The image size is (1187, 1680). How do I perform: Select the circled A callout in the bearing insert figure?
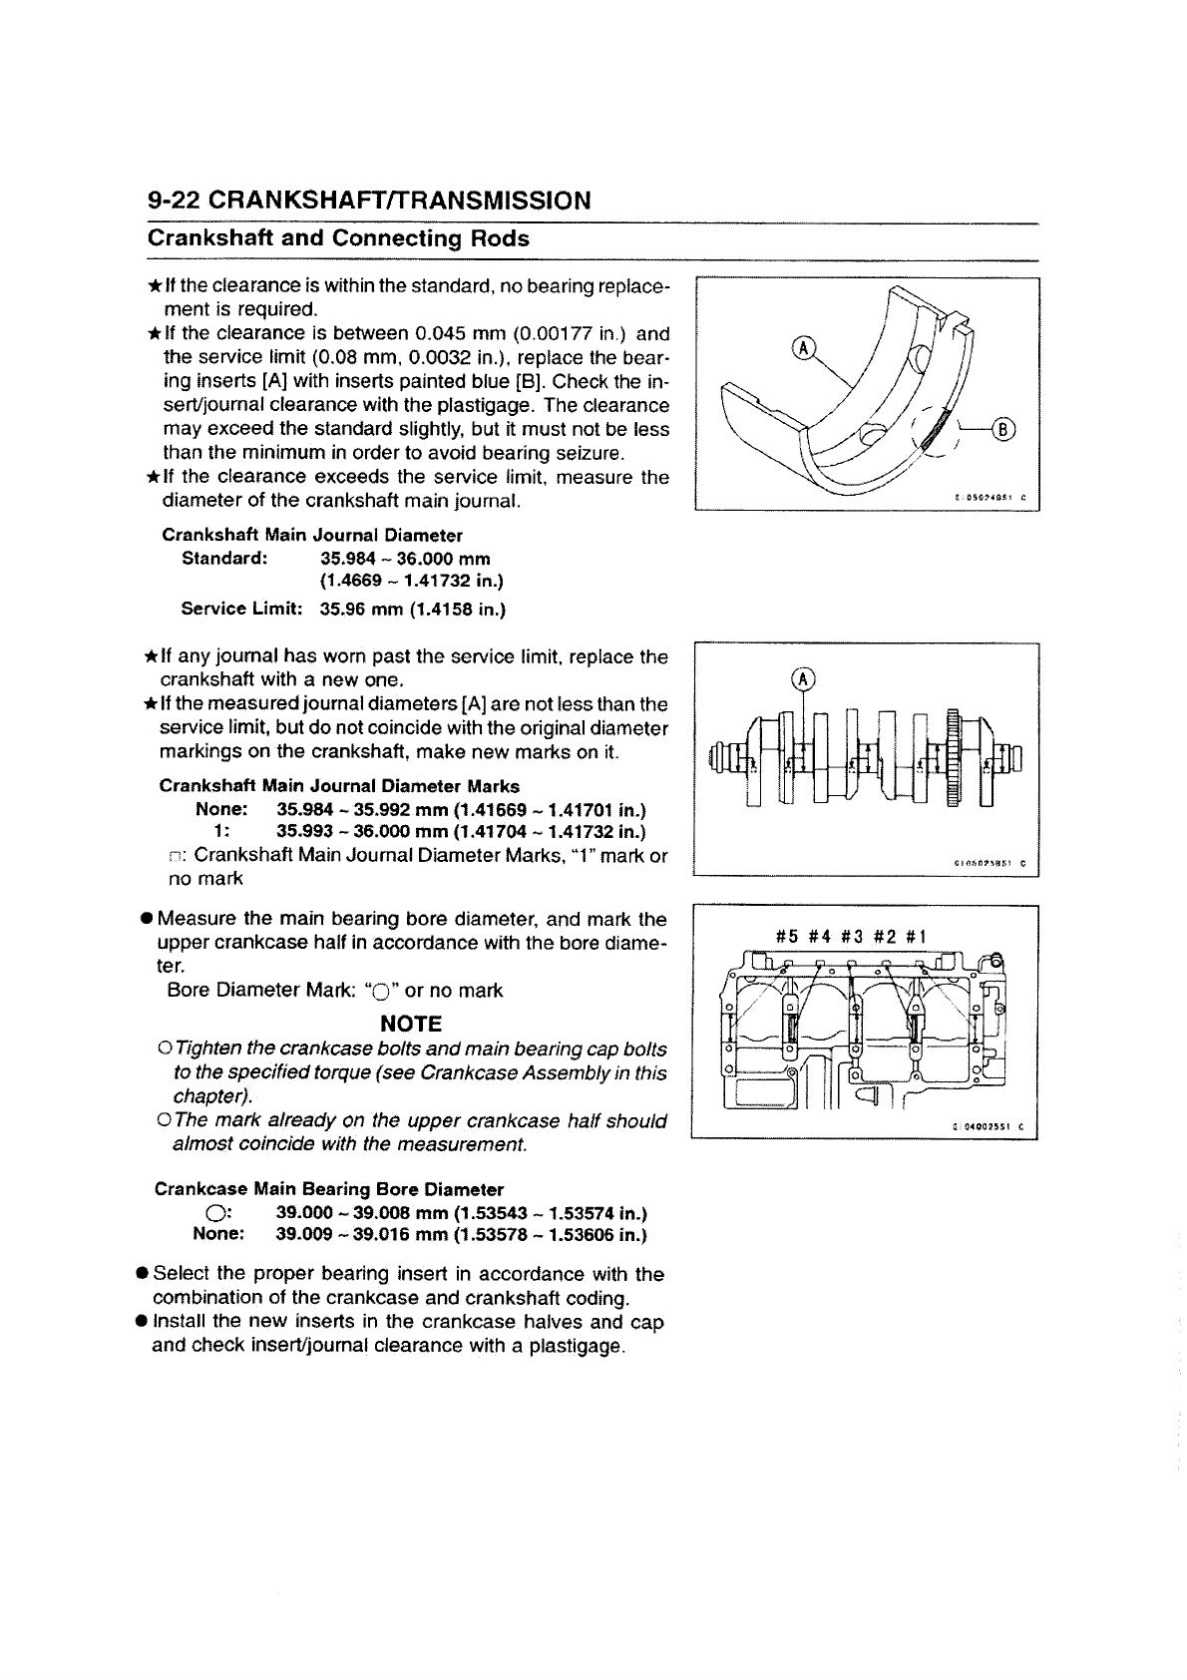point(802,346)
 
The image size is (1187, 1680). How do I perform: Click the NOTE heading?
point(411,1024)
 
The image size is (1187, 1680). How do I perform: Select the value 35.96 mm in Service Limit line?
point(355,609)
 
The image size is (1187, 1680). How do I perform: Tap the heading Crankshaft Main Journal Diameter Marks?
point(339,786)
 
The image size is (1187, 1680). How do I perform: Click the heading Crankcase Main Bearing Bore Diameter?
point(329,1189)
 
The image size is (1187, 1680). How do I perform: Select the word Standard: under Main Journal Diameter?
point(224,558)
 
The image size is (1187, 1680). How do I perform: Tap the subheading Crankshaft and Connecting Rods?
point(338,239)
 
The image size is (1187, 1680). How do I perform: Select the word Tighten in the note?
point(207,1050)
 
